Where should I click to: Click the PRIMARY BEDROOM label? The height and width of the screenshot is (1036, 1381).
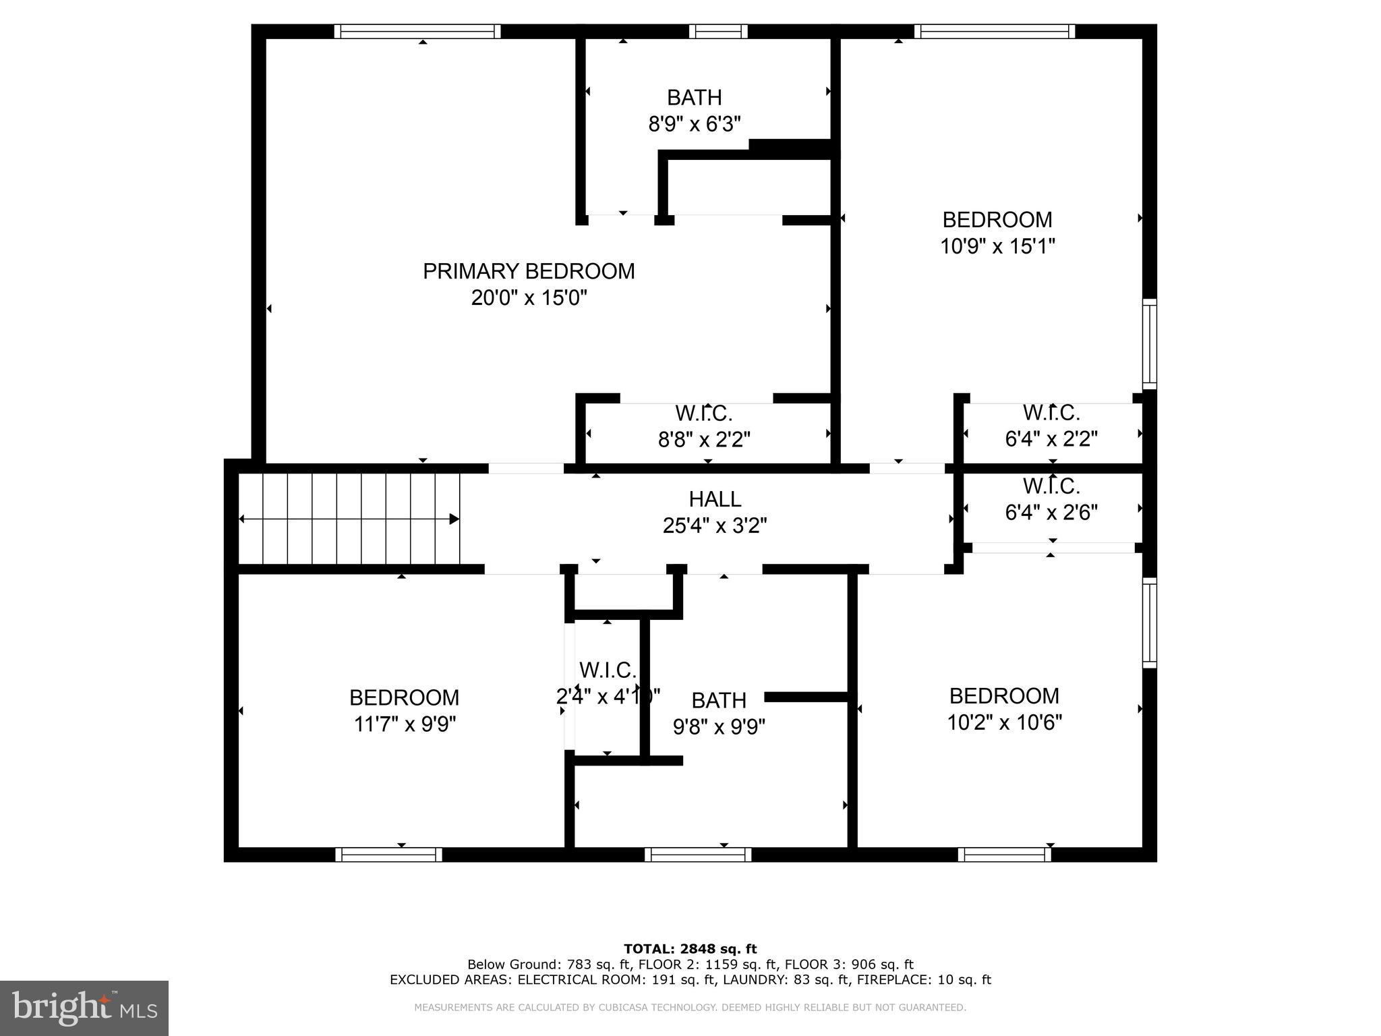click(528, 271)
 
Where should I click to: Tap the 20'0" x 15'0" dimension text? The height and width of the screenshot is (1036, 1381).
click(529, 297)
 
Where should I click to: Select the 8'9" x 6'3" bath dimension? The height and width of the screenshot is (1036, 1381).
click(694, 124)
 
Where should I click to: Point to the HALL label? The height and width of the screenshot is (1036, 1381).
click(715, 499)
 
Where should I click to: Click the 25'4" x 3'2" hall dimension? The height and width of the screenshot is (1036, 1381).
click(715, 525)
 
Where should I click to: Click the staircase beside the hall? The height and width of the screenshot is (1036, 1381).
click(349, 518)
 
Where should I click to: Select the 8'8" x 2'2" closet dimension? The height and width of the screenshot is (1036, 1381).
click(703, 440)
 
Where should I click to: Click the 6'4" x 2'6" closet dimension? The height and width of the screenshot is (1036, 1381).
click(1051, 513)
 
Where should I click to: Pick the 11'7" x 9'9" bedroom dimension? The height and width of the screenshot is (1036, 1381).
click(405, 724)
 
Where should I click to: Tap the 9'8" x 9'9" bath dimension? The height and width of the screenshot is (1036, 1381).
click(719, 727)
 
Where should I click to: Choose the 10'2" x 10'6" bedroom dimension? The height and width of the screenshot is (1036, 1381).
click(1004, 723)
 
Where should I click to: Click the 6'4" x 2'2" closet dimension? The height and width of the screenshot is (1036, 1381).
click(1051, 439)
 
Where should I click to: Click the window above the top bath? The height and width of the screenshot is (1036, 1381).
click(718, 31)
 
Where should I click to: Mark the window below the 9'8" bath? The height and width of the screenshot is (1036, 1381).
click(697, 855)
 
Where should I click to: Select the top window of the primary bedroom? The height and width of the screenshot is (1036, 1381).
click(417, 31)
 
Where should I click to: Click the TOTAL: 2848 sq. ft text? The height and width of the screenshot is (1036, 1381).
click(690, 949)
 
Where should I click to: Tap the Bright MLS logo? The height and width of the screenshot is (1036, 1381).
click(84, 1008)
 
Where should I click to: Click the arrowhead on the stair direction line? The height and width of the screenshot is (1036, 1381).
click(454, 519)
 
